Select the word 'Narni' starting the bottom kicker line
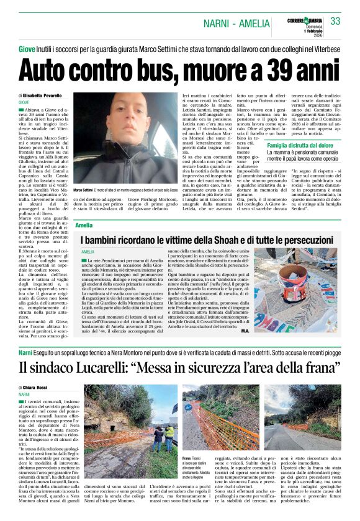tap(27, 352)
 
